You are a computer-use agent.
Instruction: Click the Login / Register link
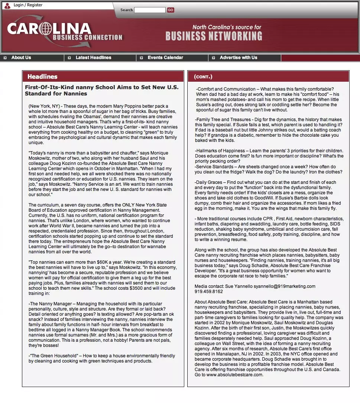point(28,5)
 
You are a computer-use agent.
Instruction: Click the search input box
point(150,10)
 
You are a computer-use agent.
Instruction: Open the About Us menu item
point(21,58)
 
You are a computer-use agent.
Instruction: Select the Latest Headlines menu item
point(93,58)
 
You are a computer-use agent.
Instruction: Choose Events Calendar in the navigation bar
point(165,58)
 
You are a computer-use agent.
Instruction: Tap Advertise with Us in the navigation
point(238,58)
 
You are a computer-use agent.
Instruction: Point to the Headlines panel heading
point(42,77)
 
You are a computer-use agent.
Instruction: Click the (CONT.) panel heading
point(203,77)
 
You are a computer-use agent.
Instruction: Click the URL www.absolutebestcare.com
point(234,375)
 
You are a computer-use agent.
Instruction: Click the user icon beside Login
point(7,5)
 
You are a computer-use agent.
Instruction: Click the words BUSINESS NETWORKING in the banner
point(214,36)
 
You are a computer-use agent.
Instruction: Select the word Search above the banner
point(126,10)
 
